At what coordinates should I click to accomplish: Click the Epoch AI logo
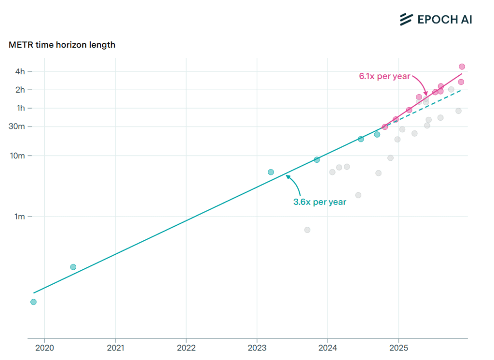pyautogui.click(x=436, y=19)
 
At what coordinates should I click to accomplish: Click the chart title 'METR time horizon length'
pyautogui.click(x=62, y=45)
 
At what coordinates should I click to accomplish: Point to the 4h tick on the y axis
pyautogui.click(x=20, y=71)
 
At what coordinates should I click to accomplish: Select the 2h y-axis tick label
pyautogui.click(x=20, y=90)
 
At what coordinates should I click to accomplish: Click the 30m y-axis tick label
pyautogui.click(x=18, y=126)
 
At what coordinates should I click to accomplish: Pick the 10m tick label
pyautogui.click(x=18, y=156)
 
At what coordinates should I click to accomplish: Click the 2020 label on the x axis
pyautogui.click(x=44, y=347)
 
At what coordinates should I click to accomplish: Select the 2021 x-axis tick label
pyautogui.click(x=115, y=347)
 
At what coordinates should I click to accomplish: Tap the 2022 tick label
pyautogui.click(x=186, y=347)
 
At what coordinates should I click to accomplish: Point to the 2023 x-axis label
pyautogui.click(x=257, y=347)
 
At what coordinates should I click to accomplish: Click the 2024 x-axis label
pyautogui.click(x=328, y=347)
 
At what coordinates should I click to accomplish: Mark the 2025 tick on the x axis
pyautogui.click(x=398, y=347)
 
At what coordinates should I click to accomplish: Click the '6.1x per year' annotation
pyautogui.click(x=384, y=76)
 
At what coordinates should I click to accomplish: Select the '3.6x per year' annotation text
pyautogui.click(x=320, y=202)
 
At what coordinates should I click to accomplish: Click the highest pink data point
pyautogui.click(x=462, y=67)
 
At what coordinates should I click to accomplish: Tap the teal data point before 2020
pyautogui.click(x=33, y=302)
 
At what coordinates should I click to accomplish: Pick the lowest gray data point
pyautogui.click(x=307, y=230)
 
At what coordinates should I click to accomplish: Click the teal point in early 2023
pyautogui.click(x=271, y=172)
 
